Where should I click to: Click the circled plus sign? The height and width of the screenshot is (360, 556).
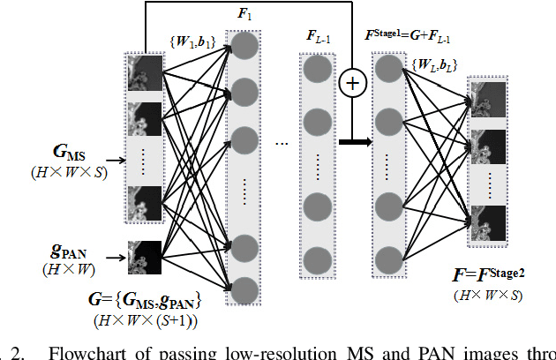pyautogui.click(x=351, y=84)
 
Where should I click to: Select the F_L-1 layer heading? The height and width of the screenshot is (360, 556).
pyautogui.click(x=318, y=38)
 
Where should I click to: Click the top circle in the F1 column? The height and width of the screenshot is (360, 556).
pyautogui.click(x=244, y=48)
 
